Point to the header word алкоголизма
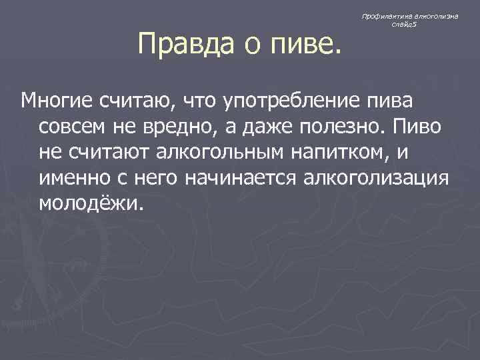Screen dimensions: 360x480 pos(435,15)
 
